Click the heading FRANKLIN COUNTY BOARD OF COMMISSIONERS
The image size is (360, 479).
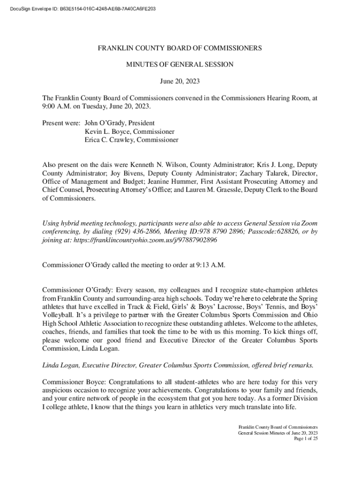point(180,48)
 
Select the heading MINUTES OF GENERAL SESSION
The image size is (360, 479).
point(180,65)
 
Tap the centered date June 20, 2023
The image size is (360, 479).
point(180,81)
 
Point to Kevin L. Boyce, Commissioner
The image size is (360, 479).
point(130,131)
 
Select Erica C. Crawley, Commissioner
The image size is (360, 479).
point(131,140)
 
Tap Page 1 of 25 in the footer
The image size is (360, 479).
point(305,439)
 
